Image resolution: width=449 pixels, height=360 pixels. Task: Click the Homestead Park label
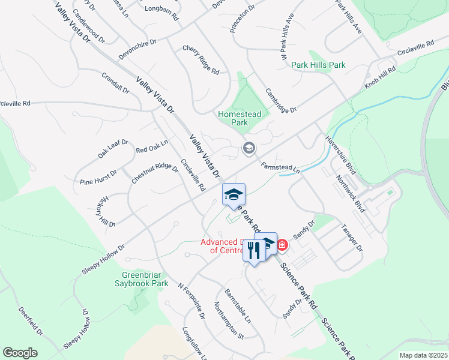point(240,118)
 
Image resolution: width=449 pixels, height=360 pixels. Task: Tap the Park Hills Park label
point(318,65)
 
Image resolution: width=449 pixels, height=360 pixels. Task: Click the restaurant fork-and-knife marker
point(254,251)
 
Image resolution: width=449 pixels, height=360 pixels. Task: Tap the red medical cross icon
point(282,245)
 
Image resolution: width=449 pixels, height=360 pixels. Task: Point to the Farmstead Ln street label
point(280,167)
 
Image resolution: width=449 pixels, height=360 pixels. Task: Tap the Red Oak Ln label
point(152,146)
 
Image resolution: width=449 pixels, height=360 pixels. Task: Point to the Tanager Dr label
point(352,238)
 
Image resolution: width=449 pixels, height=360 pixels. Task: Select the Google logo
point(20,353)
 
